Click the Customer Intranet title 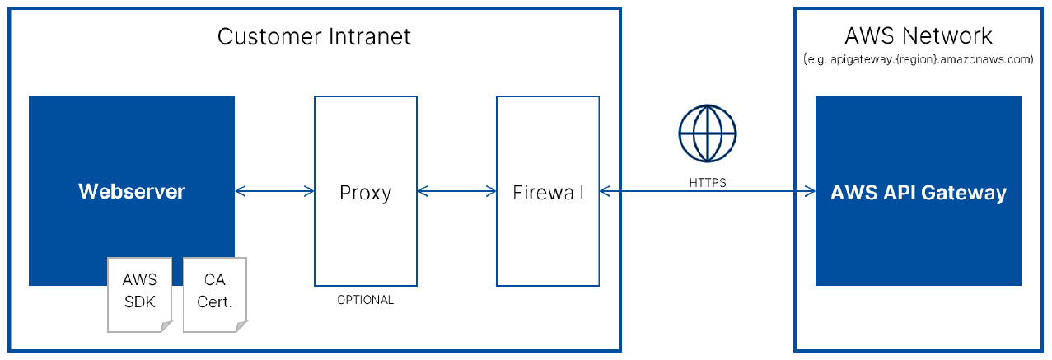coord(314,36)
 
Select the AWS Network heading coord(919,36)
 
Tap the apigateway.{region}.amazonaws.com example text coord(918,60)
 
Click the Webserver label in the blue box coord(132,192)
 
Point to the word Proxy coord(365,193)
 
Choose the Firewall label coord(548,193)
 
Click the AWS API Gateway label coord(919,193)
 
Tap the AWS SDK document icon coord(138,292)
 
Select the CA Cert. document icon coord(214,292)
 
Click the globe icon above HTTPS coord(707,133)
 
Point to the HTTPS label coord(708,183)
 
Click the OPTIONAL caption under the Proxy coord(365,300)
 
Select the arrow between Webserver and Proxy coord(274,192)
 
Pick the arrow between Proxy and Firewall coord(456,192)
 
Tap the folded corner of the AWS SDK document coord(165,326)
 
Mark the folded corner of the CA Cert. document coord(241,326)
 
